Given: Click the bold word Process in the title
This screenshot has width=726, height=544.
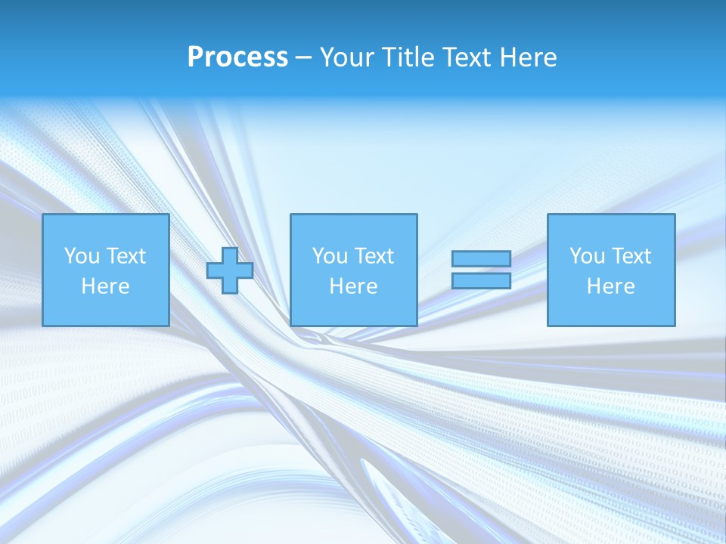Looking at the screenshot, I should pos(237,57).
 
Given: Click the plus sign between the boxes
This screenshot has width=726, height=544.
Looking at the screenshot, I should pos(230,270).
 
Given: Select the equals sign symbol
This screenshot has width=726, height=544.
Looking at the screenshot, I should pos(481,270).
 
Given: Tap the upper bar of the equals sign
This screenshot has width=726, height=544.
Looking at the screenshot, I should pos(481,259).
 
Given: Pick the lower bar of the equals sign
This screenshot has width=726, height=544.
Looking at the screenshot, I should pos(481,280).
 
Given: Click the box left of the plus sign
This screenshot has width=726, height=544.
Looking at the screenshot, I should pos(105,270).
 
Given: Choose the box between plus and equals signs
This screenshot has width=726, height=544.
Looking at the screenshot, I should pos(353,270).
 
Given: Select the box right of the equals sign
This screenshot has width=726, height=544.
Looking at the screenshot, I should pos(610,270).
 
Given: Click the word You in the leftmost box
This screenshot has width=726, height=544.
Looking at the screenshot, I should pos(82,256).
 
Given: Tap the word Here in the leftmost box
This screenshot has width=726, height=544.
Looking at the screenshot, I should pos(105,286).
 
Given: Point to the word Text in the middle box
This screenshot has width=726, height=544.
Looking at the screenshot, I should pos(373,256).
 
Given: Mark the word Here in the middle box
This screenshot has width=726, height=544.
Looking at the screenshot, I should pos(353,286).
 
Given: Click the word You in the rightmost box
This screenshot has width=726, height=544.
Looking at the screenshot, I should pos(587,256).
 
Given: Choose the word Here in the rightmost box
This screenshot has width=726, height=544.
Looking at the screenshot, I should pos(610,286).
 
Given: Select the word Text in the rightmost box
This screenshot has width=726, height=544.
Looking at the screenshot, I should pos(630,256).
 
